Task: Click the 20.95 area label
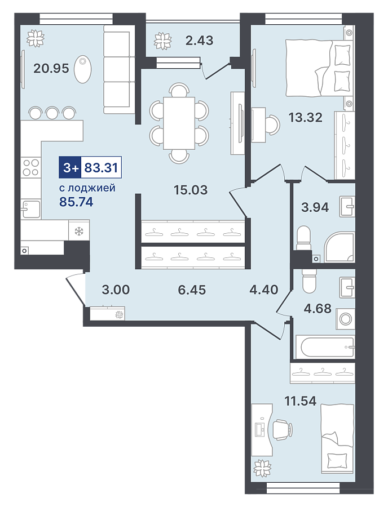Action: [51, 68]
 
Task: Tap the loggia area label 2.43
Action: [199, 41]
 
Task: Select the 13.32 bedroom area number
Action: [305, 117]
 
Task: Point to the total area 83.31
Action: [101, 168]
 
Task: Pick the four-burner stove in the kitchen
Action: [31, 167]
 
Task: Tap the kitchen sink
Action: [31, 209]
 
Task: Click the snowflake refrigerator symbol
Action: [79, 231]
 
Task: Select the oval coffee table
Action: [82, 69]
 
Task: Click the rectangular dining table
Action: [179, 123]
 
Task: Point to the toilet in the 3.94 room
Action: [303, 238]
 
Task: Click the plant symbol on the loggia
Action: [162, 41]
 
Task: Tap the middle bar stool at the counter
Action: [52, 112]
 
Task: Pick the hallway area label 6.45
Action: [192, 290]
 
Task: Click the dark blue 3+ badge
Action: [70, 168]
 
